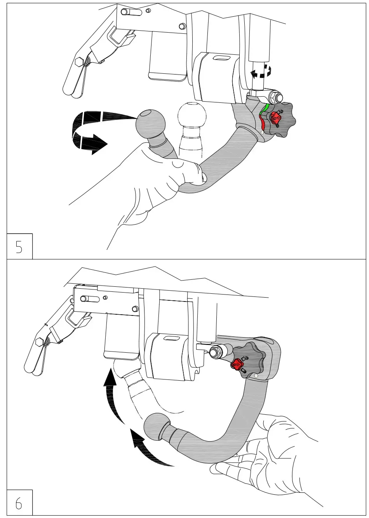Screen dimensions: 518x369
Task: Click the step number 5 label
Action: click(19, 247)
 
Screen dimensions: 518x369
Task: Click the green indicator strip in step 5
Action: click(265, 108)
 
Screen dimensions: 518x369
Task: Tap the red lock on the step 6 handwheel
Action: click(237, 365)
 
